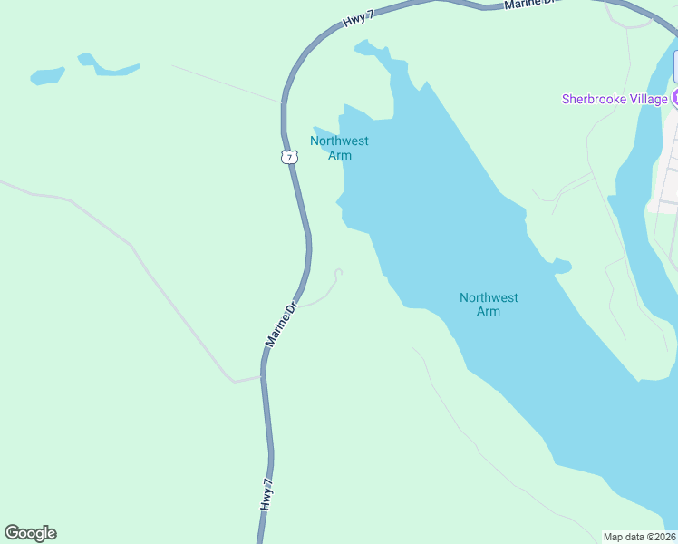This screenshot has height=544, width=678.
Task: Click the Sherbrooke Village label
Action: (615, 99)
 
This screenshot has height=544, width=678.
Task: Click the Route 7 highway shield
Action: (289, 157)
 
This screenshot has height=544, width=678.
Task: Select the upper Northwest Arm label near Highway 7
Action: (339, 148)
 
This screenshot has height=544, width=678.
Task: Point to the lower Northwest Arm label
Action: (489, 305)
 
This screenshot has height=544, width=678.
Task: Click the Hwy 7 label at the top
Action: (359, 18)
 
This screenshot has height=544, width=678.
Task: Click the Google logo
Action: (31, 533)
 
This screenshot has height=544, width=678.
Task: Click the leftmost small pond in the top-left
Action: (47, 76)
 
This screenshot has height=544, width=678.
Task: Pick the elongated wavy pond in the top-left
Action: (109, 67)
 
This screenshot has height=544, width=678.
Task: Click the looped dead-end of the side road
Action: (338, 272)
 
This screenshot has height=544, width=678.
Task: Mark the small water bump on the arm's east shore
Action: (562, 266)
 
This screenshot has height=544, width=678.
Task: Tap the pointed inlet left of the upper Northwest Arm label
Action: (319, 132)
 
